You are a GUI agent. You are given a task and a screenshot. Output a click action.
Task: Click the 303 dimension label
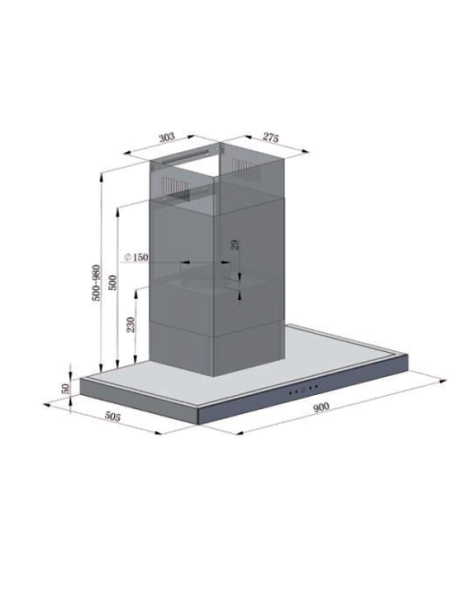166,137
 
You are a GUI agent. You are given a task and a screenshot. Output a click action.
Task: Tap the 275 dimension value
271,138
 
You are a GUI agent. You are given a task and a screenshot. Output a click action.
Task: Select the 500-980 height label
96,283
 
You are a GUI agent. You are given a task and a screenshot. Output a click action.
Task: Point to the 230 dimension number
130,324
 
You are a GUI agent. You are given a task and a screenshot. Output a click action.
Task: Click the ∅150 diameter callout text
136,257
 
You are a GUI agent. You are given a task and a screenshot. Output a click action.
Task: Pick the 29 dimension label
235,245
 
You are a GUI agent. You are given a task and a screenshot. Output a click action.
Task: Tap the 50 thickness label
66,388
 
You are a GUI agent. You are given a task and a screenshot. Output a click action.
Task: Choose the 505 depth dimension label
112,417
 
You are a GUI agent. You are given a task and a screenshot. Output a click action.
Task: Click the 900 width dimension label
321,406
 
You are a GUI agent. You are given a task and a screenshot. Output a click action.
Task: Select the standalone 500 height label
112,283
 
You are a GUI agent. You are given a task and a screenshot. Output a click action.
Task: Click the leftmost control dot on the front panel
291,392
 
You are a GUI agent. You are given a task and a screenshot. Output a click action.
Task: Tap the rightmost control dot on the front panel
316,386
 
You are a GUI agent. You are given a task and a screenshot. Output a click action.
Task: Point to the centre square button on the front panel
303,389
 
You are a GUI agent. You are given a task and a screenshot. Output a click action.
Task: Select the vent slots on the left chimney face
176,187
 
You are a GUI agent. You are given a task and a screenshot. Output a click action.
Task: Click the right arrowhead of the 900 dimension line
444,382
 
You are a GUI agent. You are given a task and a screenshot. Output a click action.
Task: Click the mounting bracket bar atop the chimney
186,156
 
